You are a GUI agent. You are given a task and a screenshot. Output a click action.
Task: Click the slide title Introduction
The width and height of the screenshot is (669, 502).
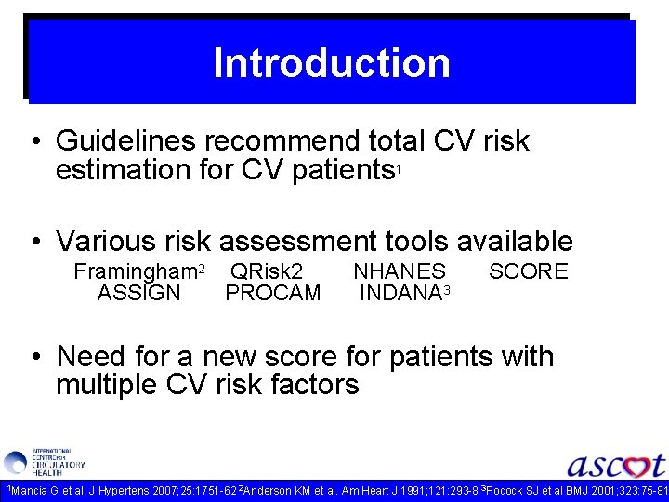(332, 63)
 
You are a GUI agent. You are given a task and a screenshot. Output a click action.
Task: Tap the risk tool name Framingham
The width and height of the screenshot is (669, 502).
(135, 271)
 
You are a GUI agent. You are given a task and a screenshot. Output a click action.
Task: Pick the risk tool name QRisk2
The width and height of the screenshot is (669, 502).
(267, 271)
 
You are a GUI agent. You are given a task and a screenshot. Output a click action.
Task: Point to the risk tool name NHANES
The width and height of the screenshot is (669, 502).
(400, 271)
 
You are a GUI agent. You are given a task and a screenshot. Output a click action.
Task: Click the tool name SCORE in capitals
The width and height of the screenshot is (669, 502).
(528, 271)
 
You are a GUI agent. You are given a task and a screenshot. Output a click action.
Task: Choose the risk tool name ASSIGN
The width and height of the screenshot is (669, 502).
(139, 294)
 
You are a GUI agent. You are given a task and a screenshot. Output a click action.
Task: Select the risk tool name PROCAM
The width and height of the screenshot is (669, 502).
(273, 294)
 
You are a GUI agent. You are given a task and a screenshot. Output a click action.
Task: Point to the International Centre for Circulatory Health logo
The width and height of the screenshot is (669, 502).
(44, 462)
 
